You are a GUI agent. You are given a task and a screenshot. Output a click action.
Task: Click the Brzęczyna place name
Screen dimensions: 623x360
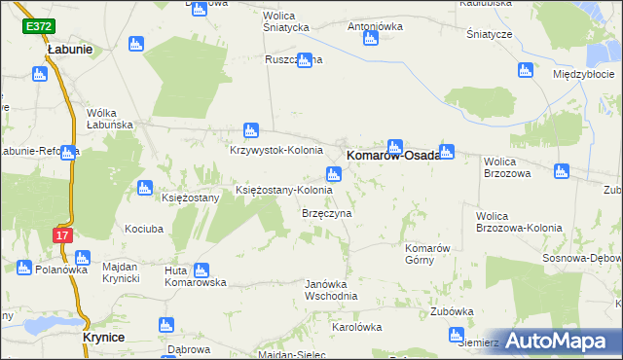coord(326,212)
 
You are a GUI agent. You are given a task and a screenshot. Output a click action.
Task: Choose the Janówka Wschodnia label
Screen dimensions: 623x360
coord(331,289)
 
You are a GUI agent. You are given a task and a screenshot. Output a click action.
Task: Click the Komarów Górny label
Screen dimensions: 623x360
coord(425,255)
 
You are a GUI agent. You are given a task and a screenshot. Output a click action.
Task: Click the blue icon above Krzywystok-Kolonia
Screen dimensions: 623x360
coord(250,130)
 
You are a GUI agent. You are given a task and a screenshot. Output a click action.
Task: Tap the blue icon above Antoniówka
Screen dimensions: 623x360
coord(370,39)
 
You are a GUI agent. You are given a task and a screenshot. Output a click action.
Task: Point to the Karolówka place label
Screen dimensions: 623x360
coord(354,327)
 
